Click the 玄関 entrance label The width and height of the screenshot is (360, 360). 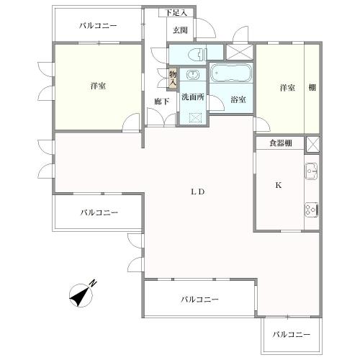coord(180,30)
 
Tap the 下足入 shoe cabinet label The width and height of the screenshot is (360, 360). coord(176,13)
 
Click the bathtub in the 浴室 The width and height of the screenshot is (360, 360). coord(231,73)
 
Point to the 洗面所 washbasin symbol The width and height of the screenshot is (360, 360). coord(193,75)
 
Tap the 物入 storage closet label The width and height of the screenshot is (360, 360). coord(173,78)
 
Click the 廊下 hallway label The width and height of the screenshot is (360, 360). coord(161,102)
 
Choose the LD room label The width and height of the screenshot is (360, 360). coord(198,192)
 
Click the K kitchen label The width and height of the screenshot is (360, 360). coord(279,185)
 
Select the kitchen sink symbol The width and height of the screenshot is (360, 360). coord(311,171)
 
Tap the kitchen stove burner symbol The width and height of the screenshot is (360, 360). coord(312,210)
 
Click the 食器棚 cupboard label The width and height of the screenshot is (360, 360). coord(281,143)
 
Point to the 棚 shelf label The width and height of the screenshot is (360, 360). coord(312,88)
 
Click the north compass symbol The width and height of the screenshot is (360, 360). coord(81,295)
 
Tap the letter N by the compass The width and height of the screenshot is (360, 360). coord(93,284)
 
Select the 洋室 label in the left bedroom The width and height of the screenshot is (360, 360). coord(98,86)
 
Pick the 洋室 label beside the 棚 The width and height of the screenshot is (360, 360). coord(287,88)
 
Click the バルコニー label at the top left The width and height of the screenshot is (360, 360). coord(98,25)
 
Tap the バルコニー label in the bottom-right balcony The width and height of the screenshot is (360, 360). coord(292,334)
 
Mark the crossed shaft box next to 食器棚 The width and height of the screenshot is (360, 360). coord(312,145)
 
